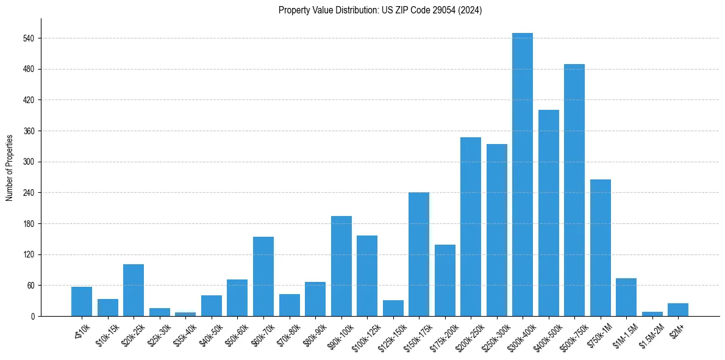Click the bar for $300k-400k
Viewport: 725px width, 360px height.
click(x=523, y=175)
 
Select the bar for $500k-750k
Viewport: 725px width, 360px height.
click(x=574, y=190)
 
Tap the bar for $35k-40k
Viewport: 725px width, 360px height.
click(x=185, y=314)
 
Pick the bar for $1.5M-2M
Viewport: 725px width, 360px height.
click(x=652, y=314)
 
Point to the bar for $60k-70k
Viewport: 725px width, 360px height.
click(x=263, y=276)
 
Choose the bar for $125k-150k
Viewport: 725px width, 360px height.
click(x=393, y=308)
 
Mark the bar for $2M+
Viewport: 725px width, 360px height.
click(x=678, y=310)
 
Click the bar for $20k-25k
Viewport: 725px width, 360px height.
click(x=134, y=290)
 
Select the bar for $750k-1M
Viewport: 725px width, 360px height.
click(x=601, y=248)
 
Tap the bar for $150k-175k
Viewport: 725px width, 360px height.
click(x=419, y=254)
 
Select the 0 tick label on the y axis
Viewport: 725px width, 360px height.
click(x=32, y=317)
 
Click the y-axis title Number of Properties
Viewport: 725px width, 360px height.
click(x=9, y=168)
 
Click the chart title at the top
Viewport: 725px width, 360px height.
click(x=380, y=10)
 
